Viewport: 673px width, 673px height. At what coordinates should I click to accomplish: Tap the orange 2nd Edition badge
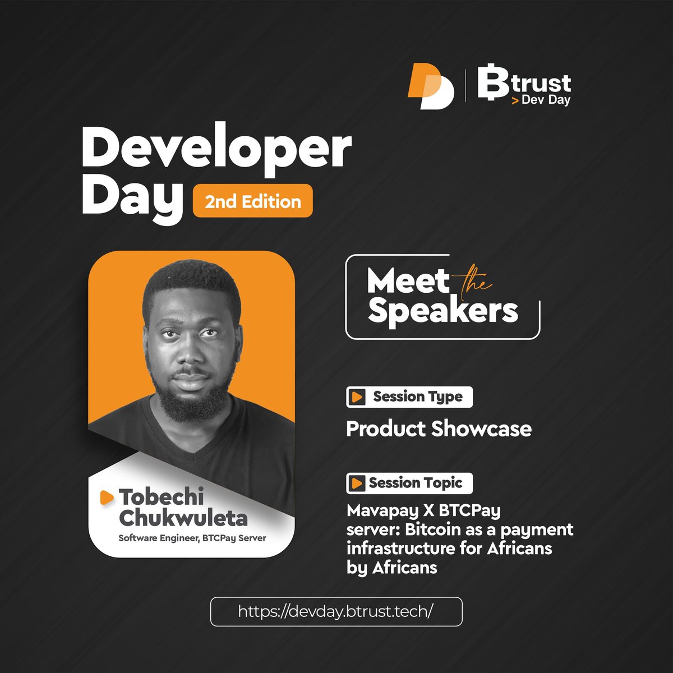[x=252, y=201]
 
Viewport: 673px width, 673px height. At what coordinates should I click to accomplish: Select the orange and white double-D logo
[x=430, y=87]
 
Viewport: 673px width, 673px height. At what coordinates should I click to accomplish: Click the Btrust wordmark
[x=524, y=84]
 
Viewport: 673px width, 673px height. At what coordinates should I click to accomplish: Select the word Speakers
[x=443, y=311]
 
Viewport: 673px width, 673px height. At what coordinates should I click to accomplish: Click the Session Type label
[x=417, y=397]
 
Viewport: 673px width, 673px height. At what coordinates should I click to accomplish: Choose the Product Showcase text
[x=439, y=429]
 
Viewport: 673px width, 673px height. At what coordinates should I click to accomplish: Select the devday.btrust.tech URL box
[x=336, y=611]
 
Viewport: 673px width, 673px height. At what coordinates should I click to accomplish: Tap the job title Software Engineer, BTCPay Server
[x=192, y=538]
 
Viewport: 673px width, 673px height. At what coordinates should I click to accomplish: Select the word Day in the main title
[x=132, y=200]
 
